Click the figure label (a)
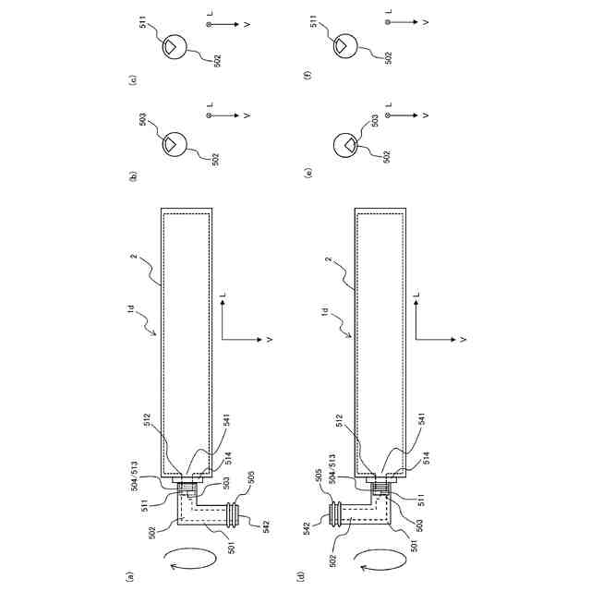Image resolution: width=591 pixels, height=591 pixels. [x=131, y=575]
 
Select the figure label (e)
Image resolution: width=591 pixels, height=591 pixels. [x=310, y=173]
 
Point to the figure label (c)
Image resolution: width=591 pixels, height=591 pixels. [x=132, y=80]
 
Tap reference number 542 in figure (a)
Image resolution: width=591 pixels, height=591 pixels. [x=265, y=527]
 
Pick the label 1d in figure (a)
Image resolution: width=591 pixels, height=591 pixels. [x=131, y=308]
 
